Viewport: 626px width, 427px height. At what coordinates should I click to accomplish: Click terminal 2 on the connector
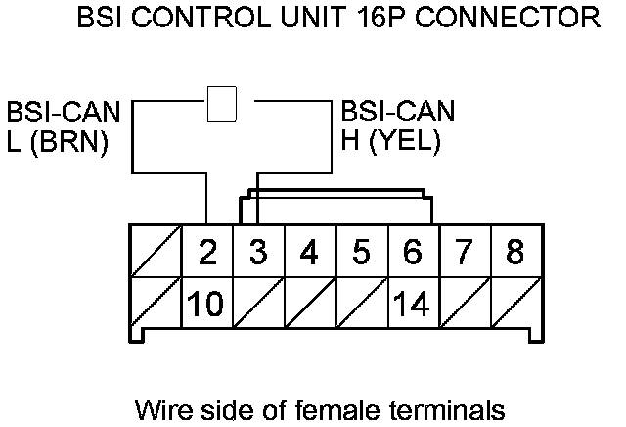[x=207, y=253]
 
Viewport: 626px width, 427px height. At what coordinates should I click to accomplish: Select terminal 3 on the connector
[x=258, y=253]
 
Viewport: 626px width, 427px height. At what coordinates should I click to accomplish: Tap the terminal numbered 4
[x=309, y=253]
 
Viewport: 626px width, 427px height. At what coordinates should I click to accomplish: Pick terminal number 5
[x=361, y=253]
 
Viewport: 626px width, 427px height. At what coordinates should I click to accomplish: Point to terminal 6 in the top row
[x=413, y=253]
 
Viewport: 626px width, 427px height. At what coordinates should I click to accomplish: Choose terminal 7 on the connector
[x=464, y=253]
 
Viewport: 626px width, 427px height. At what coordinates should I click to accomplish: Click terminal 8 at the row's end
[x=514, y=253]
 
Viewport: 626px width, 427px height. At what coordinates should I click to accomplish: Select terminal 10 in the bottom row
[x=207, y=303]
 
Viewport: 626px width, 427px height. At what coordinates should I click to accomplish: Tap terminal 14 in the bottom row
[x=413, y=303]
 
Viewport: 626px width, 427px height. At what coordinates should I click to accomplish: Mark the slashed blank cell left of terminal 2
[x=156, y=253]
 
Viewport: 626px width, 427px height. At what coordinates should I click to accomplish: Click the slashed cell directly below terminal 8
[x=514, y=303]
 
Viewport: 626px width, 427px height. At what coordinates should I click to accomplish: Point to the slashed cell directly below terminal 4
[x=309, y=303]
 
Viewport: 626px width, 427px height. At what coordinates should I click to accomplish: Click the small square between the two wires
[x=223, y=104]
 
